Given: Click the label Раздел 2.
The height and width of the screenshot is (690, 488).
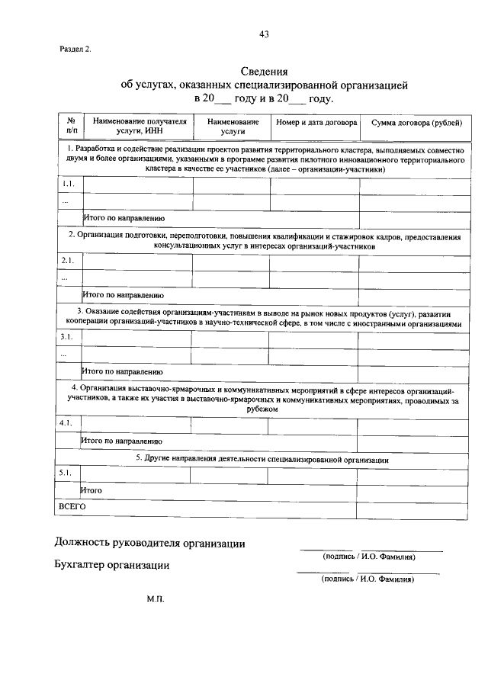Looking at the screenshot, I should pyautogui.click(x=75, y=50).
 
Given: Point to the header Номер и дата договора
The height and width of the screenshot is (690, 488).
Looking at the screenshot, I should pyautogui.click(x=316, y=122).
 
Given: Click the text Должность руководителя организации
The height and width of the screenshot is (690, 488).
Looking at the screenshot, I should pyautogui.click(x=149, y=544).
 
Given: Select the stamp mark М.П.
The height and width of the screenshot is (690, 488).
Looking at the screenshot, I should pyautogui.click(x=156, y=599).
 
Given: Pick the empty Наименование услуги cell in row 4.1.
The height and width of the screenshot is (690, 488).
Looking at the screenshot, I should pyautogui.click(x=228, y=423).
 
